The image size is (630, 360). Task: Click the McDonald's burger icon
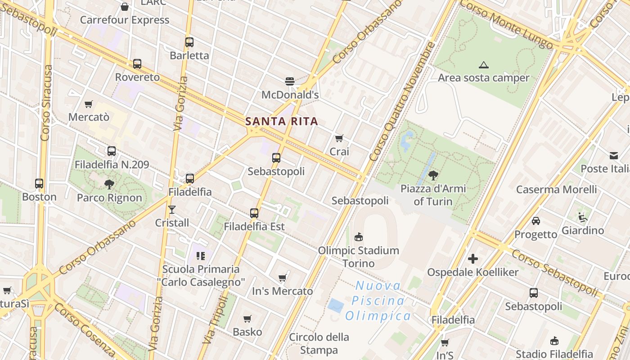[290, 81]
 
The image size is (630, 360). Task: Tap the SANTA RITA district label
[282, 121]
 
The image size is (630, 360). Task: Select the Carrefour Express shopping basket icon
[125, 7]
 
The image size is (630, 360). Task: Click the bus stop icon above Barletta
[189, 42]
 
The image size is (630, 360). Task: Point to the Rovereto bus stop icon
[137, 64]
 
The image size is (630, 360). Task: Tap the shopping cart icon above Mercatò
[89, 104]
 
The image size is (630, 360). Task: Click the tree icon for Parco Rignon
[109, 184]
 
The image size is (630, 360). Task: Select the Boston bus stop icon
[39, 184]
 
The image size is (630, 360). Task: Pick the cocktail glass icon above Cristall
[172, 209]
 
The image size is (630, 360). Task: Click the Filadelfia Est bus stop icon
[254, 213]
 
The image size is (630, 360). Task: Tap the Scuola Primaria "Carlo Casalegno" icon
[201, 256]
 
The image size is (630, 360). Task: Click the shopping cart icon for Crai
[339, 138]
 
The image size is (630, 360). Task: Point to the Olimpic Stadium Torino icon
[359, 237]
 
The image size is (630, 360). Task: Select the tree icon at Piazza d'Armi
[433, 175]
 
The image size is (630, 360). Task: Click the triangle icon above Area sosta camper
[484, 65]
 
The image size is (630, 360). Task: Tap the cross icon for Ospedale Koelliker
[473, 259]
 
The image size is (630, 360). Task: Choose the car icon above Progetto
[536, 221]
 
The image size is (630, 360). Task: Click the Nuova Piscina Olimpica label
[378, 301]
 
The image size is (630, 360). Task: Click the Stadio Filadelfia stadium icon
[554, 341]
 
